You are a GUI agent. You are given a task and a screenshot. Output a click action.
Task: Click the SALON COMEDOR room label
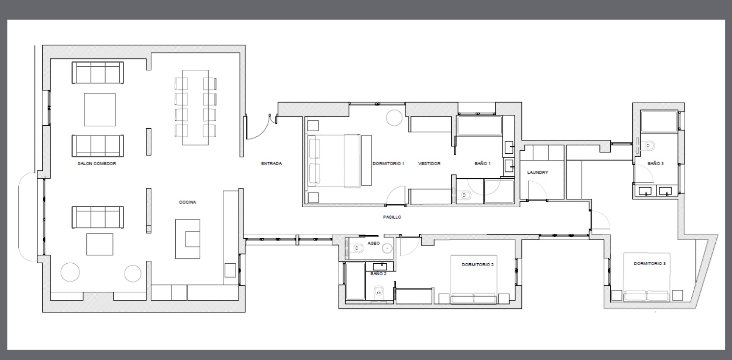click(97, 164)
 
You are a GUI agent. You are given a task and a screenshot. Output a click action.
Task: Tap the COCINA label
click(188, 202)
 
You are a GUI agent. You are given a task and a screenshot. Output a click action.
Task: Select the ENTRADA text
click(271, 164)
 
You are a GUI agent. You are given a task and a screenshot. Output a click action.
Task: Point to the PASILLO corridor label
click(392, 217)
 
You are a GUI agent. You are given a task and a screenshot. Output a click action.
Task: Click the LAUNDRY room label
click(538, 172)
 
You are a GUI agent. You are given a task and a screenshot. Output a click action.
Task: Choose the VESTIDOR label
click(430, 164)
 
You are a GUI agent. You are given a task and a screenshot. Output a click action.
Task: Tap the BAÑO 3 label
click(655, 164)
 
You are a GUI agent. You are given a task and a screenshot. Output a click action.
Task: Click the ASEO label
click(374, 243)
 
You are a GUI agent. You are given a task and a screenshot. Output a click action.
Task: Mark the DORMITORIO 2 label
click(477, 265)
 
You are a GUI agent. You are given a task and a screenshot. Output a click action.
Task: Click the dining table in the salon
click(195, 107)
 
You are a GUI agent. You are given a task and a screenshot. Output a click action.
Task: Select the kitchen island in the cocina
click(188, 239)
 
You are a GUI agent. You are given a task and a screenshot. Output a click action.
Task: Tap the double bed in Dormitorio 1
click(334, 161)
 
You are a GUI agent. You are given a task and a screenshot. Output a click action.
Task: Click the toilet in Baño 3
click(649, 145)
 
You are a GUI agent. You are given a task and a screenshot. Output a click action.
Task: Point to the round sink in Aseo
click(388, 249)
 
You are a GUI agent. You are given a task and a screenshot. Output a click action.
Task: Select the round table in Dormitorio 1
click(394, 118)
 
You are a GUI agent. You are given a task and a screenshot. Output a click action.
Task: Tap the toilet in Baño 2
click(379, 290)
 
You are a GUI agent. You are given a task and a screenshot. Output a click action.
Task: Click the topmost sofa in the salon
click(98, 73)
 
